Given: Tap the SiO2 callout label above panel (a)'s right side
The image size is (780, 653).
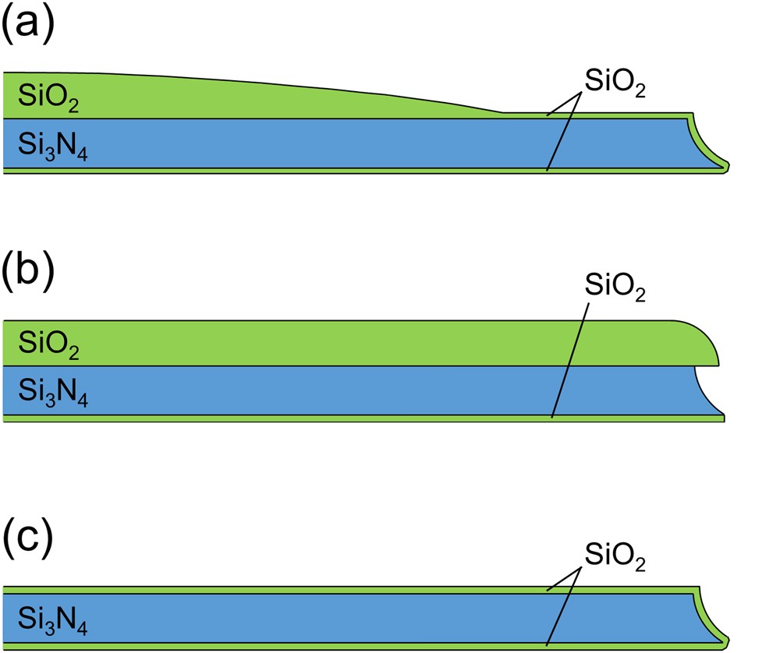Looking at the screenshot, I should coord(615,85).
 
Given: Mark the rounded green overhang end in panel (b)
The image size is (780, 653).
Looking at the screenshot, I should coord(706,343).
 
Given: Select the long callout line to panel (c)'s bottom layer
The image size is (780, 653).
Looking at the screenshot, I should coord(562,607).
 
